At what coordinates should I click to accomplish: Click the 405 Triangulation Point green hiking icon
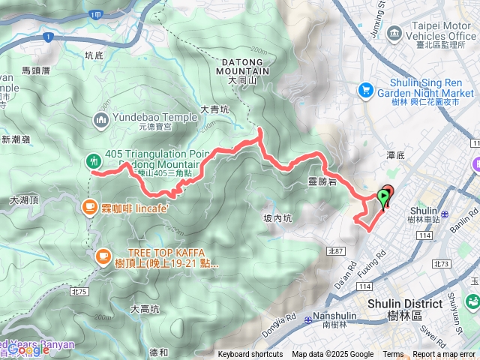[x=93, y=160]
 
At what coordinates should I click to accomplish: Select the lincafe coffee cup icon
[x=90, y=205]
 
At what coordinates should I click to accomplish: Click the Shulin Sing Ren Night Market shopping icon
[x=366, y=89]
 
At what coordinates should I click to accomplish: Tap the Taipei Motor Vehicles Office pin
[x=397, y=34]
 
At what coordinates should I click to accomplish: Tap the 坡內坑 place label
[x=277, y=218]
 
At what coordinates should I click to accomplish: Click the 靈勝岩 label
[x=321, y=181]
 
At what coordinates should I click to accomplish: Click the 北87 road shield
[x=334, y=251]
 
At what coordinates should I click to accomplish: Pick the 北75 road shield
[x=79, y=291]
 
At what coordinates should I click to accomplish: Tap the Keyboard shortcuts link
[x=250, y=355]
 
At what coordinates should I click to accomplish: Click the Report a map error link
[x=445, y=355]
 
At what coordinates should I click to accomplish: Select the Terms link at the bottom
[x=393, y=355]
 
